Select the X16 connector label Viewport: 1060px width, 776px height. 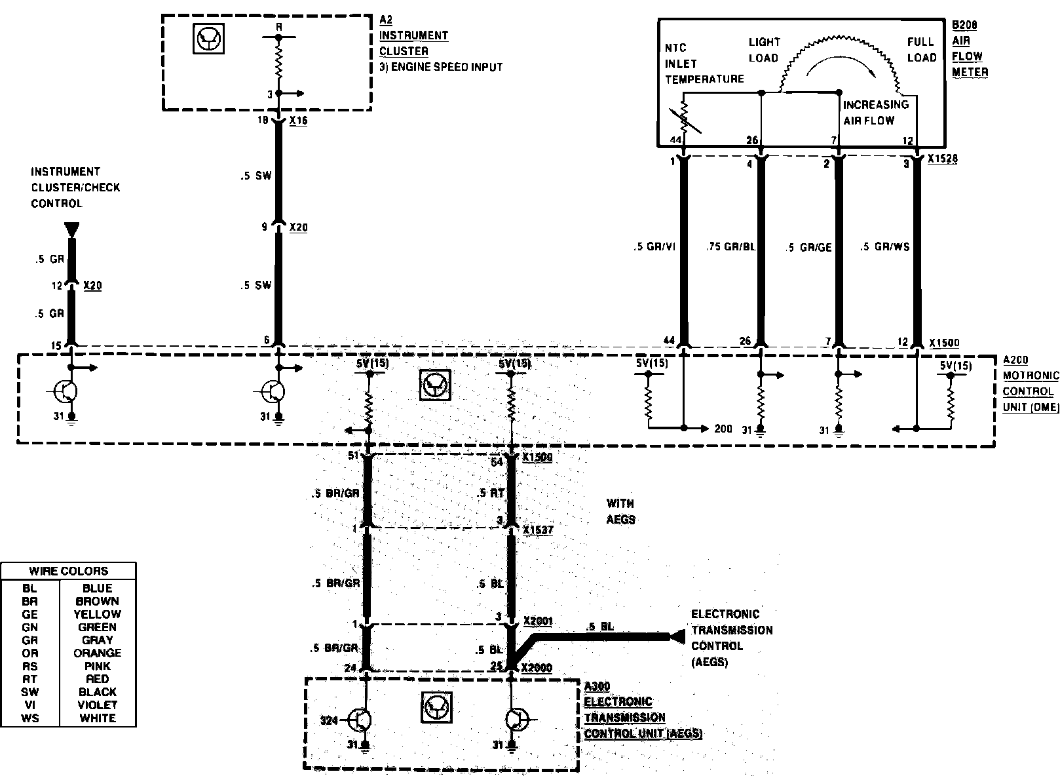(297, 121)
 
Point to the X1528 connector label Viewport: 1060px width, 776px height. (943, 159)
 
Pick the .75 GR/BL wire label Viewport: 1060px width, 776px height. (731, 247)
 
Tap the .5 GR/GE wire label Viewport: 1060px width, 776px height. (808, 247)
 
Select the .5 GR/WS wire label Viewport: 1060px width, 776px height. (885, 247)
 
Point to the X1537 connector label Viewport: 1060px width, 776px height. (538, 530)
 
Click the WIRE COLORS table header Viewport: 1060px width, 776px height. (69, 571)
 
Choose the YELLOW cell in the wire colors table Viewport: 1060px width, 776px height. (97, 614)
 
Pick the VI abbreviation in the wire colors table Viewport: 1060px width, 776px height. (29, 705)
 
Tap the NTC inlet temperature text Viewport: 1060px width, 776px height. (704, 64)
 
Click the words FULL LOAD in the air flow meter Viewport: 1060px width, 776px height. (921, 50)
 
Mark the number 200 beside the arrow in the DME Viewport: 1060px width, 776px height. (723, 429)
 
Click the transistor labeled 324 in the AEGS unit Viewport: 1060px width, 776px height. (359, 720)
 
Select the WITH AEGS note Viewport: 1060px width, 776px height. (620, 511)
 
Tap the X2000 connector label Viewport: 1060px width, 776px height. (537, 668)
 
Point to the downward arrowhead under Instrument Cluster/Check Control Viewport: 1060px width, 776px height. (72, 229)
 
